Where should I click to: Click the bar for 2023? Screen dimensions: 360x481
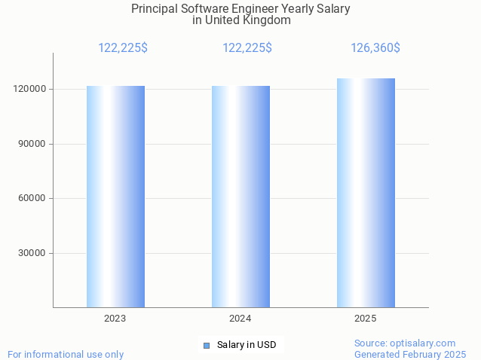(115, 197)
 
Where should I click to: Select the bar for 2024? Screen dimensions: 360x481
(240, 197)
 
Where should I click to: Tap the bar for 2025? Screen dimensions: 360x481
(366, 193)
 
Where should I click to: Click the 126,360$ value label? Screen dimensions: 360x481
(375, 48)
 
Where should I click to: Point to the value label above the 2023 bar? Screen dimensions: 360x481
(123, 48)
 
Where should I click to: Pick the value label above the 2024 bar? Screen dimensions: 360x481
(247, 48)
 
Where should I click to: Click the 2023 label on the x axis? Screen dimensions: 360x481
(115, 319)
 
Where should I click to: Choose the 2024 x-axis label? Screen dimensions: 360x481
(240, 319)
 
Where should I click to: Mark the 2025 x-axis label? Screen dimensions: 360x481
(366, 319)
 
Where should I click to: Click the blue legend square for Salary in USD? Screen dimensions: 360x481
(206, 346)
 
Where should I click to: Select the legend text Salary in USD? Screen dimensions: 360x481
(247, 345)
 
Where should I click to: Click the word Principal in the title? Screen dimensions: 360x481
(155, 9)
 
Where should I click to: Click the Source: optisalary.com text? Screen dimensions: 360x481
(405, 343)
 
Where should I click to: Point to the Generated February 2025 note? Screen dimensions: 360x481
(410, 354)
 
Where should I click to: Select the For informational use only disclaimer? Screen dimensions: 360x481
(66, 354)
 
